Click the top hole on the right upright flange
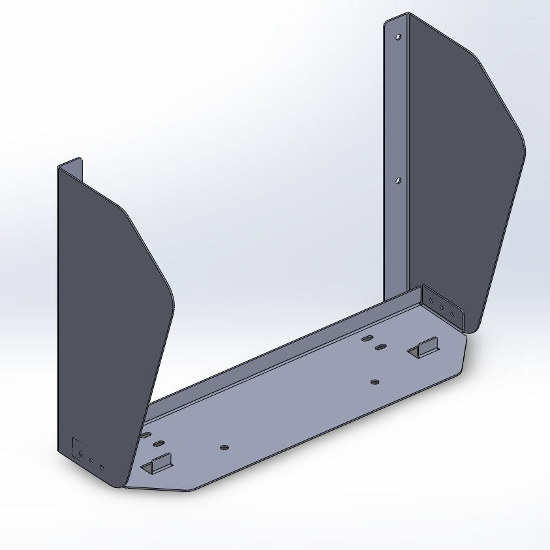pos(398,37)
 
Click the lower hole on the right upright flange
pos(399,179)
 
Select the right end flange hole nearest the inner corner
pos(431,301)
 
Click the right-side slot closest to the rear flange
pos(367,339)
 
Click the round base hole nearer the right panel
pos(374,381)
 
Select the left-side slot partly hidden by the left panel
pos(144,435)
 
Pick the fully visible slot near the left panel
pos(159,444)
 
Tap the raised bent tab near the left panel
pos(156,465)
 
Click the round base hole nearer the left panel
pos(224,448)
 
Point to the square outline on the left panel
pos(77,448)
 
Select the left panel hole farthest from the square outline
pos(102,467)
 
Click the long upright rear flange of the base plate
pos(281,352)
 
